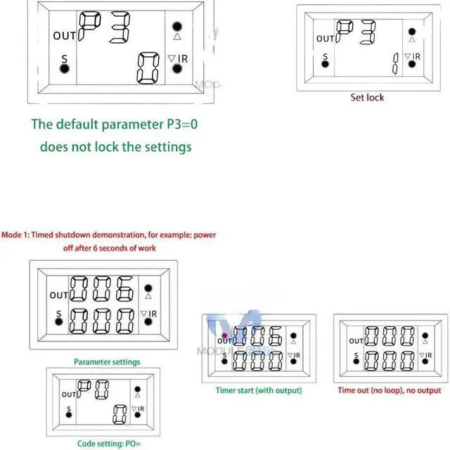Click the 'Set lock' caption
point(367,98)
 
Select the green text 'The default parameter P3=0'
point(115,124)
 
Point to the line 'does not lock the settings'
point(115,147)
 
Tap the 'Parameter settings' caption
point(107,362)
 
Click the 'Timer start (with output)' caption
point(259,390)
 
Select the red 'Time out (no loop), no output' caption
point(390,390)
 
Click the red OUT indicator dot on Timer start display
point(224,335)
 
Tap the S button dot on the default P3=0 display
point(64,68)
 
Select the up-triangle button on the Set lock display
point(412,38)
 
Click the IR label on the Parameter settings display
point(151,314)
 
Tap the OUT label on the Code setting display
point(68,395)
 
